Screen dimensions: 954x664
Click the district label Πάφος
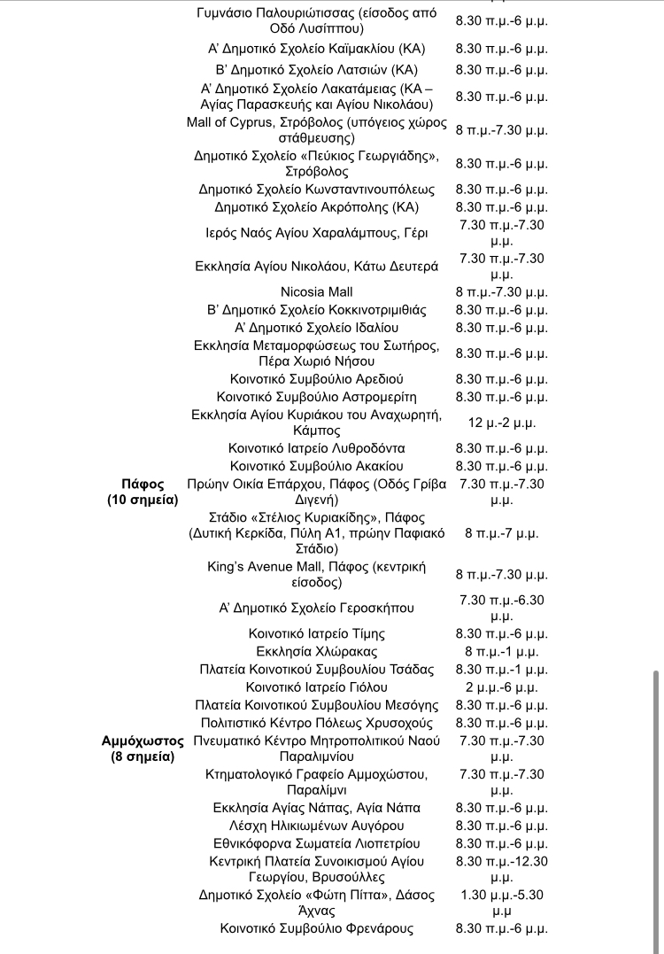coord(143,484)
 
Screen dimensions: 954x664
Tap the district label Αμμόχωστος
coord(143,741)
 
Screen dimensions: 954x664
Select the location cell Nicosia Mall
coord(316,291)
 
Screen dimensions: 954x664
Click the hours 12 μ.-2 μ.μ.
coord(502,423)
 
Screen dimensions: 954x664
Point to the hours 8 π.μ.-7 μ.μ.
coord(502,533)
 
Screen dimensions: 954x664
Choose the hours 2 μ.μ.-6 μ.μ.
coord(502,686)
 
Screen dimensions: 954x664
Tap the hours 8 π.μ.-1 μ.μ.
coord(502,651)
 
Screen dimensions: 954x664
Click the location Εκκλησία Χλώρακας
coord(316,651)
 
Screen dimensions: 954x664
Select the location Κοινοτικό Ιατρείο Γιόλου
coord(316,686)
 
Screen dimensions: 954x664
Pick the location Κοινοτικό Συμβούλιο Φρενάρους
coord(316,928)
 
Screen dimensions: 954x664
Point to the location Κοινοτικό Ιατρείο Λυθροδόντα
coord(316,448)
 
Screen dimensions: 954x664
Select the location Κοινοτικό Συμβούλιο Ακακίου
coord(316,466)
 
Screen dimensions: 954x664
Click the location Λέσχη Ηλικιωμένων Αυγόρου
coord(316,826)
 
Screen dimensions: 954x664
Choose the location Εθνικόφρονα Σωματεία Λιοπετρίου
coord(316,843)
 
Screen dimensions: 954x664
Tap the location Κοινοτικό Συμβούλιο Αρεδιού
coord(316,379)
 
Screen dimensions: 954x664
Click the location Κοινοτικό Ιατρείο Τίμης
coord(316,633)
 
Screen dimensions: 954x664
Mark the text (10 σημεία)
coord(143,500)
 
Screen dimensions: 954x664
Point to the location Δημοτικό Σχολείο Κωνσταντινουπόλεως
coord(316,190)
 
